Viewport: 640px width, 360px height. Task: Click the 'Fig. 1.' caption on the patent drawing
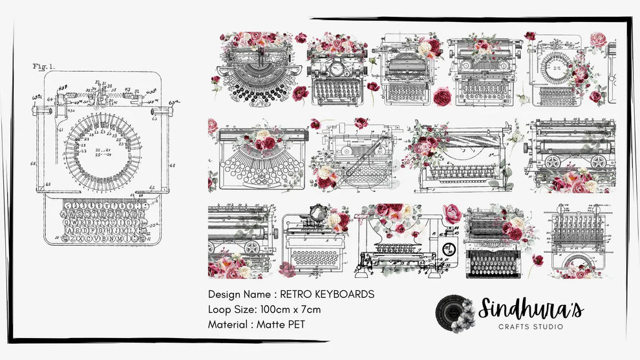[44, 66]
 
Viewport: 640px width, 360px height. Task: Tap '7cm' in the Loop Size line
[310, 309]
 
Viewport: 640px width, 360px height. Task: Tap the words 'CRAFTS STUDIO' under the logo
[531, 327]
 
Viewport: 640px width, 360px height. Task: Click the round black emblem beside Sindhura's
[454, 313]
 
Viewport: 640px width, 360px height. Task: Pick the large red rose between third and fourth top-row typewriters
[442, 96]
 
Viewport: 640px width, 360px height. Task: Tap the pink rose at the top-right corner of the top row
[598, 39]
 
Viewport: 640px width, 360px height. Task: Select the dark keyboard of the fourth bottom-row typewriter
[491, 262]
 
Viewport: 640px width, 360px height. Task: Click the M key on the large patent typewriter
[125, 237]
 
